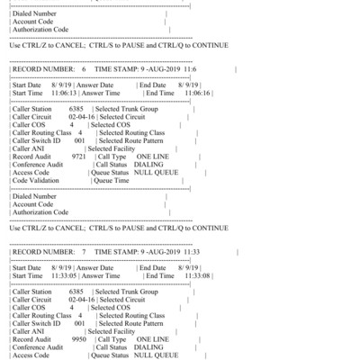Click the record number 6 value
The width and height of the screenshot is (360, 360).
tap(83, 69)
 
